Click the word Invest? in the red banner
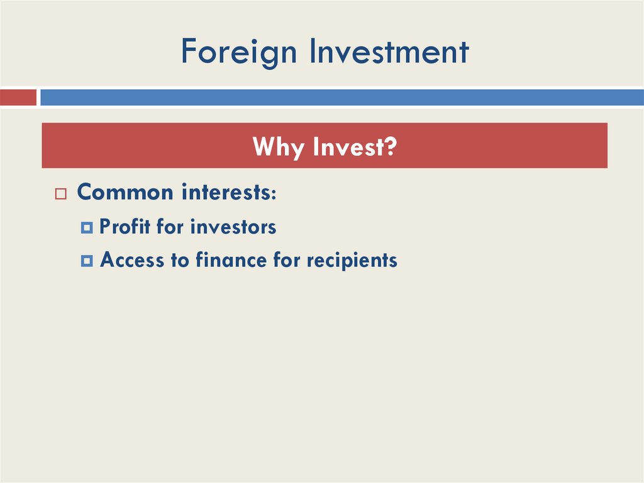coord(355,147)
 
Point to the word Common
coord(125,193)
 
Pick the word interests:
coord(228,193)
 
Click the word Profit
coord(125,227)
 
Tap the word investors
coord(233,227)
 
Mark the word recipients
coord(352,260)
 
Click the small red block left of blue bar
coord(18,98)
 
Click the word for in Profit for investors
coord(169,227)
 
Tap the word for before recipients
coord(286,260)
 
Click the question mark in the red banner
coord(389,147)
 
